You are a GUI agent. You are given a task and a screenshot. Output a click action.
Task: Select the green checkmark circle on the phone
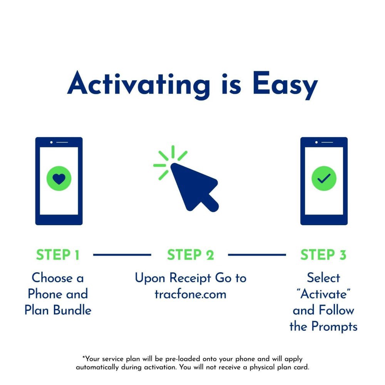pyautogui.click(x=324, y=178)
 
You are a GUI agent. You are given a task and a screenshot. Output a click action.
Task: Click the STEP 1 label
pyautogui.click(x=58, y=255)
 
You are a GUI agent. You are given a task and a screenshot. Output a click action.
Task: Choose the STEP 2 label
pyautogui.click(x=190, y=255)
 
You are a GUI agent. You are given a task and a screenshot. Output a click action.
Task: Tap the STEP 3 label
pyautogui.click(x=323, y=255)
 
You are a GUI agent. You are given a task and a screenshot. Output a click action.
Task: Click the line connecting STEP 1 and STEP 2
pyautogui.click(x=122, y=254)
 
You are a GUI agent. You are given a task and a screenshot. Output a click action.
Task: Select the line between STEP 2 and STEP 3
pyautogui.click(x=257, y=254)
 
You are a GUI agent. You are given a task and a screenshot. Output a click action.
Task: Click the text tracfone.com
pyautogui.click(x=190, y=295)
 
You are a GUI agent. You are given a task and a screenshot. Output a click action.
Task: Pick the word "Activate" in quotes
pyautogui.click(x=324, y=294)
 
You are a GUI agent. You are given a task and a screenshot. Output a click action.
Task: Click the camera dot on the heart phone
pyautogui.click(x=51, y=142)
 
